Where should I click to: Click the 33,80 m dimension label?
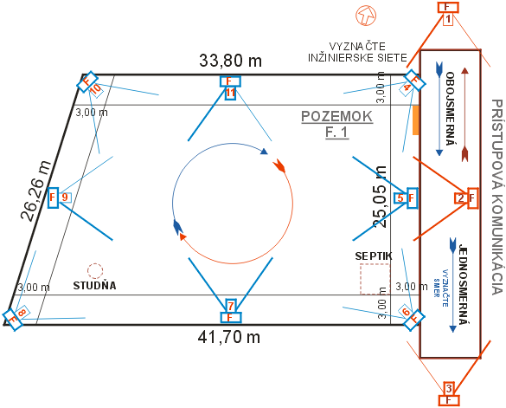click(x=230, y=61)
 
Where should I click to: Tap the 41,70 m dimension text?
click(x=229, y=338)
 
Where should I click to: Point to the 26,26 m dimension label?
click(x=35, y=191)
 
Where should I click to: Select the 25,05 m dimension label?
click(x=380, y=197)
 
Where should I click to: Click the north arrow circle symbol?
click(x=366, y=16)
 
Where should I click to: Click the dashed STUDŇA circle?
click(x=95, y=271)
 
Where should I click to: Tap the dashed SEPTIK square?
click(x=375, y=279)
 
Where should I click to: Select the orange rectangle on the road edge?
click(x=416, y=120)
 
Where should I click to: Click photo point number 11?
click(x=230, y=87)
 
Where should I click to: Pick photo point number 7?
click(x=230, y=311)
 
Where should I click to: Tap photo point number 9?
click(x=59, y=198)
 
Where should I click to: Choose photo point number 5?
click(x=406, y=198)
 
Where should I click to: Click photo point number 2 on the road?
click(x=466, y=198)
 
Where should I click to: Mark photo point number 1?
click(x=448, y=13)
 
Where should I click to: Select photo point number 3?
click(x=449, y=393)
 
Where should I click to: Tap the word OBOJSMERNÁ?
click(x=450, y=108)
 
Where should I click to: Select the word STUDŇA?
click(x=94, y=286)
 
